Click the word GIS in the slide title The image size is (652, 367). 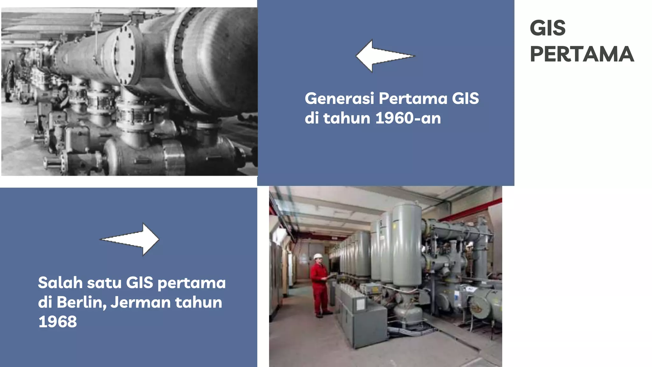click(x=548, y=28)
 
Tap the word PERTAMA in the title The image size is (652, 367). click(x=582, y=54)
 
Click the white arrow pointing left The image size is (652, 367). click(x=385, y=56)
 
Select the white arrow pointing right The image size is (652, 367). click(x=130, y=239)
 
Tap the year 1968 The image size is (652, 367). click(x=58, y=322)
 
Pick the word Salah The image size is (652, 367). click(x=60, y=283)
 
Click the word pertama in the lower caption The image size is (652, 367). click(x=191, y=283)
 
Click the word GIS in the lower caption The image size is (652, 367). click(x=139, y=283)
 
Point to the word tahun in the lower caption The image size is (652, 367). click(x=198, y=302)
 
